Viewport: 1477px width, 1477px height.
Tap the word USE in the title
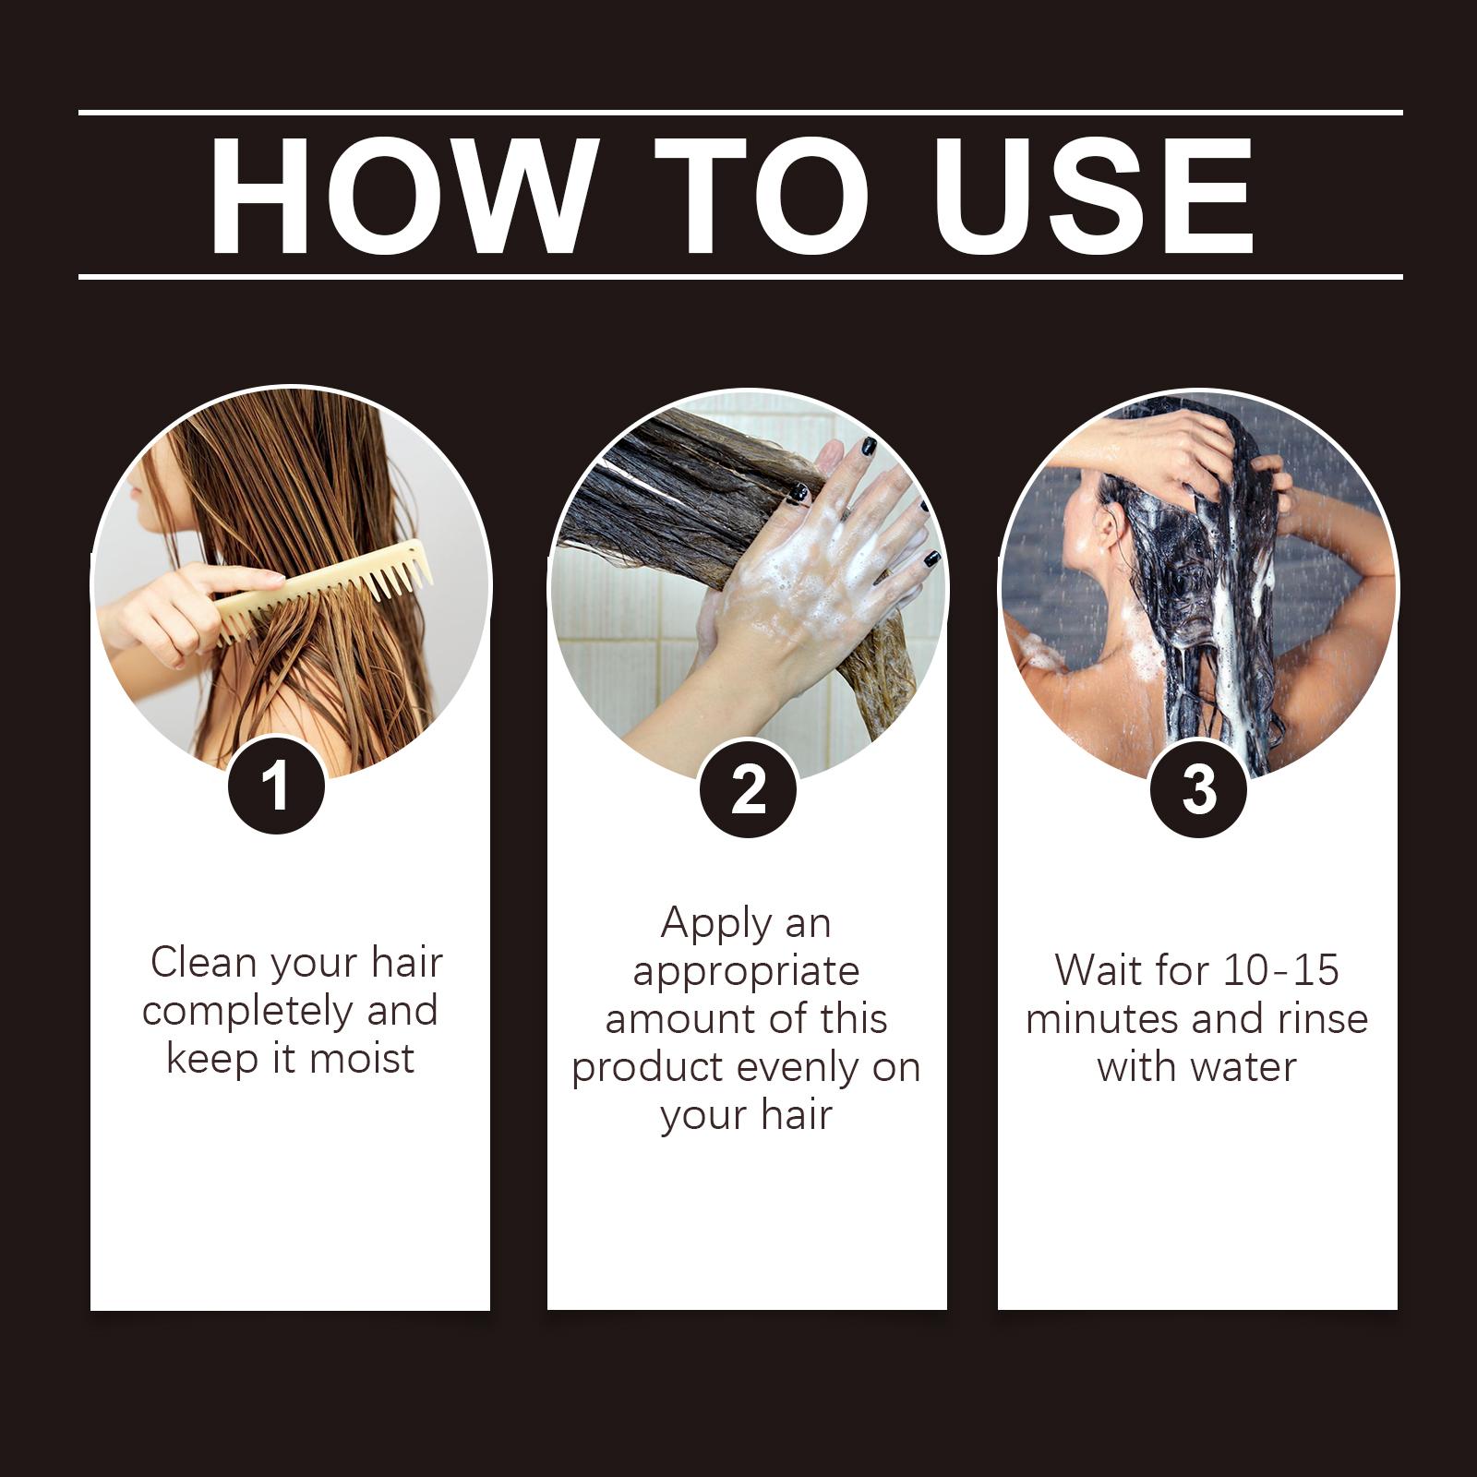click(1099, 196)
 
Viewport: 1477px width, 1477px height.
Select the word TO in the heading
click(763, 196)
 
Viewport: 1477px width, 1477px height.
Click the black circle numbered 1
click(276, 787)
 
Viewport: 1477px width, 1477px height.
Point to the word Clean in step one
click(204, 963)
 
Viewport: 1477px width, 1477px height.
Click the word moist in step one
click(362, 1058)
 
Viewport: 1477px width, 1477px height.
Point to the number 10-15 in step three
click(1280, 970)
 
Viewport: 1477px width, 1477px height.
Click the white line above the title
click(740, 114)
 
